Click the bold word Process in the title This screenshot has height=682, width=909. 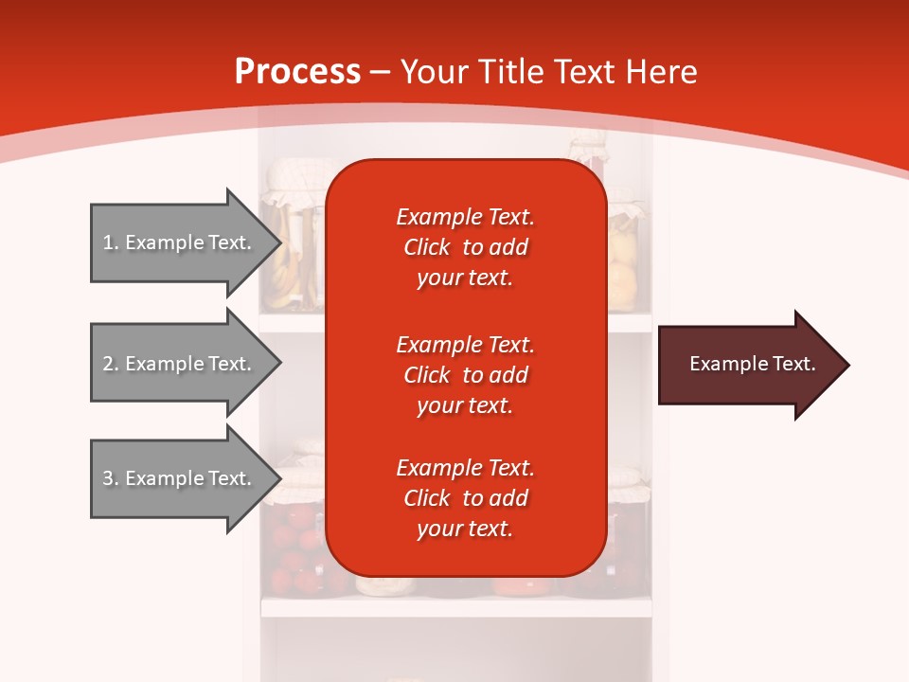click(x=297, y=71)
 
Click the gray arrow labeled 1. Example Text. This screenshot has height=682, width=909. click(x=180, y=242)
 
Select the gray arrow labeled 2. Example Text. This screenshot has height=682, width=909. click(x=180, y=364)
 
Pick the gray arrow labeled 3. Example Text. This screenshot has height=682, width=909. click(x=180, y=478)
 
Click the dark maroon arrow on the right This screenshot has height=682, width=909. click(x=748, y=365)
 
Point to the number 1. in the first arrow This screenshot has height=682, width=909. click(x=111, y=242)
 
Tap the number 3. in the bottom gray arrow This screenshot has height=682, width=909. click(x=111, y=478)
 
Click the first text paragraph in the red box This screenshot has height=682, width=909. click(x=465, y=247)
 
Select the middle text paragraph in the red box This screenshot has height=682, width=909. click(x=465, y=374)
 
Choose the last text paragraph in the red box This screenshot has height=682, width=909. click(x=465, y=498)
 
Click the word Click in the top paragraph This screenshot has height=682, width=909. click(x=427, y=247)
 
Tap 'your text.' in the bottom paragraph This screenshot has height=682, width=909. click(x=465, y=529)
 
